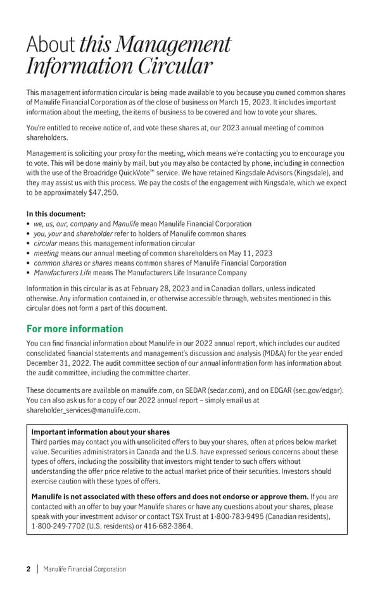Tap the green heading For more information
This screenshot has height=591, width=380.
pyautogui.click(x=75, y=329)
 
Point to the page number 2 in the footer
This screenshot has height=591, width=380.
pyautogui.click(x=28, y=569)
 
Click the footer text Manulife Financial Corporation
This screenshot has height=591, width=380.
pyautogui.click(x=84, y=569)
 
